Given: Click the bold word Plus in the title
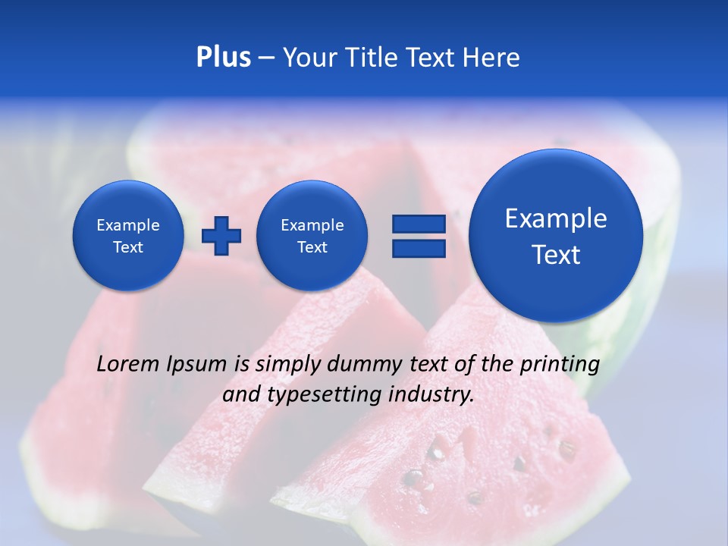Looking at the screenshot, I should pyautogui.click(x=223, y=58).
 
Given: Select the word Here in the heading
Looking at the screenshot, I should pyautogui.click(x=492, y=58).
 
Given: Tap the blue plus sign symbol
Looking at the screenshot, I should pyautogui.click(x=221, y=235).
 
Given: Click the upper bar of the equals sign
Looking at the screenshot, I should pyautogui.click(x=419, y=224).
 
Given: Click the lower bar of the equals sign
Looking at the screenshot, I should pyautogui.click(x=419, y=248).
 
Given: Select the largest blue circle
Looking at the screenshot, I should pyautogui.click(x=556, y=236).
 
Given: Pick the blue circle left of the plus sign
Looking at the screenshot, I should pyautogui.click(x=128, y=236).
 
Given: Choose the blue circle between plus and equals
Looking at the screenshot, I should pyautogui.click(x=312, y=236).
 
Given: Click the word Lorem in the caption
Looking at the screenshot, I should pyautogui.click(x=129, y=364).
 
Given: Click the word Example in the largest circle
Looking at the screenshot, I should pyautogui.click(x=556, y=218).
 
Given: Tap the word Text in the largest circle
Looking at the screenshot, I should pyautogui.click(x=556, y=255).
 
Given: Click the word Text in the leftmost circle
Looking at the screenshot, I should pyautogui.click(x=128, y=247).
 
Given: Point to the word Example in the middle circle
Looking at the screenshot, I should pyautogui.click(x=312, y=225).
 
